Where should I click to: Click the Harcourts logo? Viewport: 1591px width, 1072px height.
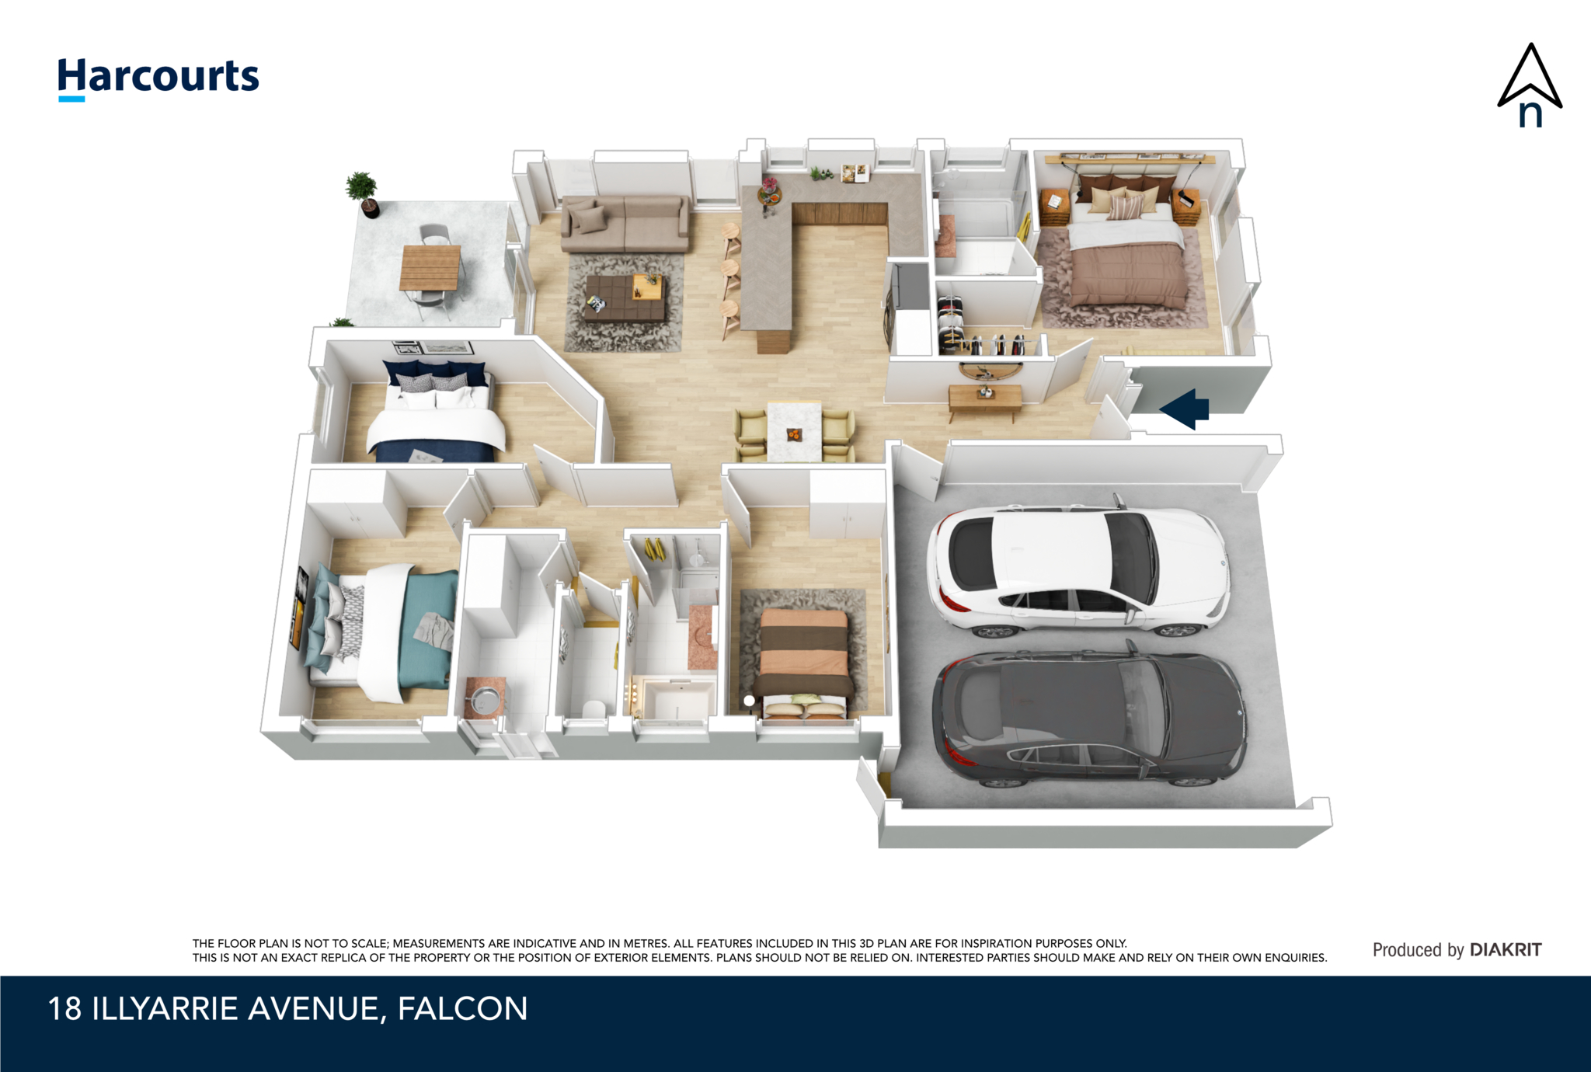pos(158,78)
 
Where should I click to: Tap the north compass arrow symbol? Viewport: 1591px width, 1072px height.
pos(1530,85)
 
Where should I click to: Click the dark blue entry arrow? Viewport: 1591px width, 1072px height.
pos(1184,409)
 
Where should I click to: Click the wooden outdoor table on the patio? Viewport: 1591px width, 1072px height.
pos(430,267)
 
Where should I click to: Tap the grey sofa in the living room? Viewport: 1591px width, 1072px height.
pos(625,223)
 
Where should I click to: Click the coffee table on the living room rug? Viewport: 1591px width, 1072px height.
pos(625,297)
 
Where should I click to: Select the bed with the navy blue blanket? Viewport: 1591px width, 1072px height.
pos(436,412)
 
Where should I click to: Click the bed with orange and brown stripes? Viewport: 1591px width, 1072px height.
pos(802,663)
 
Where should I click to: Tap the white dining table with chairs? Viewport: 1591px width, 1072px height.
pos(794,431)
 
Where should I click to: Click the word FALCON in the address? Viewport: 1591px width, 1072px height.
pos(462,1009)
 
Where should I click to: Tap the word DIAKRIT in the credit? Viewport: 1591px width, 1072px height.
pos(1506,949)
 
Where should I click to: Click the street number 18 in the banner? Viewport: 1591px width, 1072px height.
pos(64,1009)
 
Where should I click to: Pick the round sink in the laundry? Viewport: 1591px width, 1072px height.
pos(485,700)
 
